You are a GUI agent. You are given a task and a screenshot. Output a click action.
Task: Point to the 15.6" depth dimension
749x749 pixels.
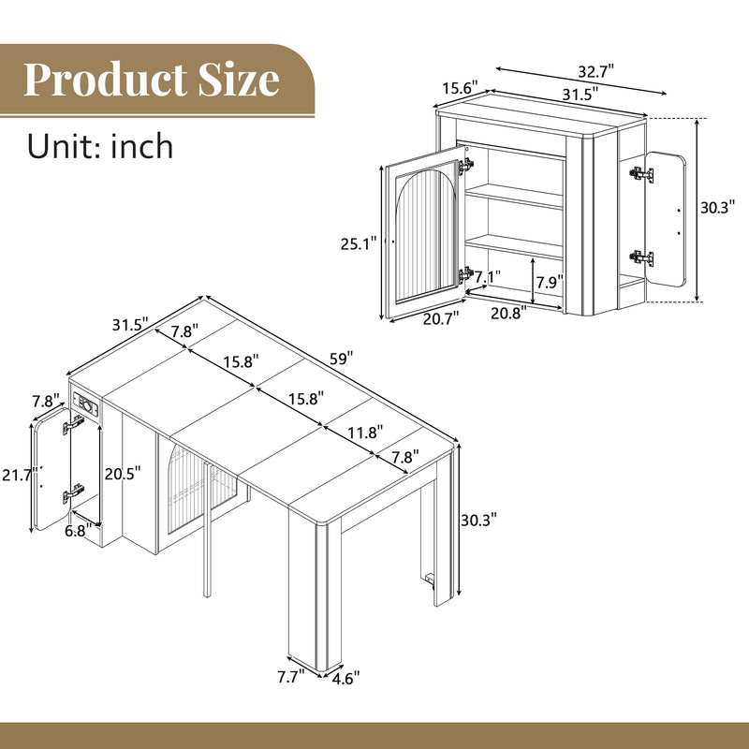click(459, 87)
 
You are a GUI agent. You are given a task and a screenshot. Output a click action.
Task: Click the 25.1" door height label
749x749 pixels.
click(359, 243)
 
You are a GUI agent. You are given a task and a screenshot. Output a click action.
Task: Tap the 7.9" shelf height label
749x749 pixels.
click(550, 282)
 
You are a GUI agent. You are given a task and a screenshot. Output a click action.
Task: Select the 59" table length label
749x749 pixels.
click(341, 358)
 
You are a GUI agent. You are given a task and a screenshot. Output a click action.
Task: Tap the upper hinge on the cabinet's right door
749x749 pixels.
click(640, 174)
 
